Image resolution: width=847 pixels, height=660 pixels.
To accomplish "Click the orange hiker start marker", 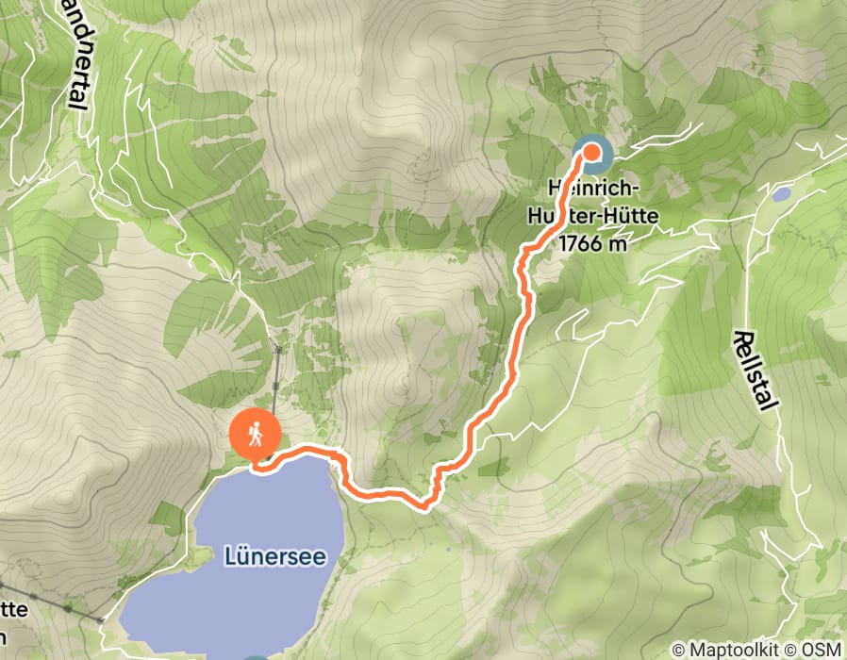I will (255, 436).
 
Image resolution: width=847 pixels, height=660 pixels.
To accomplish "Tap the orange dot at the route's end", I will (592, 151).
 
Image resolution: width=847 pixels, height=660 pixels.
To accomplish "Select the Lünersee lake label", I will (275, 557).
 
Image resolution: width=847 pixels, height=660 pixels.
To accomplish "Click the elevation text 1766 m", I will (592, 243).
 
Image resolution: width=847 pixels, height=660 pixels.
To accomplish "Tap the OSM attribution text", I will (821, 650).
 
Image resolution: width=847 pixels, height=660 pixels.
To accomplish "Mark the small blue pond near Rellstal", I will (781, 194).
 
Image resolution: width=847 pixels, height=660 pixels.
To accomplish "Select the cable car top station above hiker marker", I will (278, 350).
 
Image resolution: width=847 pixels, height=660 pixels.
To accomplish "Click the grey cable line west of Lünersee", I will (57, 604).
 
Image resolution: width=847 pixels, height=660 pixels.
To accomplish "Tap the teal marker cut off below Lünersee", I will (256, 656).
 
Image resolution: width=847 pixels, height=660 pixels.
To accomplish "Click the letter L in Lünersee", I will (230, 557).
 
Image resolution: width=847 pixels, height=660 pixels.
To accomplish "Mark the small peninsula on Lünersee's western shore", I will (196, 558).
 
